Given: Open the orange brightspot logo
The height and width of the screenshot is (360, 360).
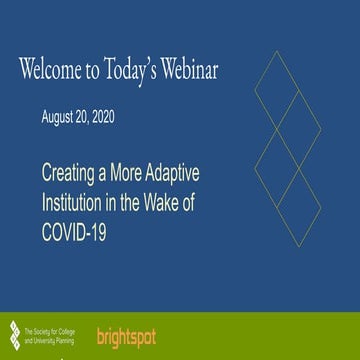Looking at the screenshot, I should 127,327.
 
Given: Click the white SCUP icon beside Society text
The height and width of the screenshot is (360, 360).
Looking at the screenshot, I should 13,326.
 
